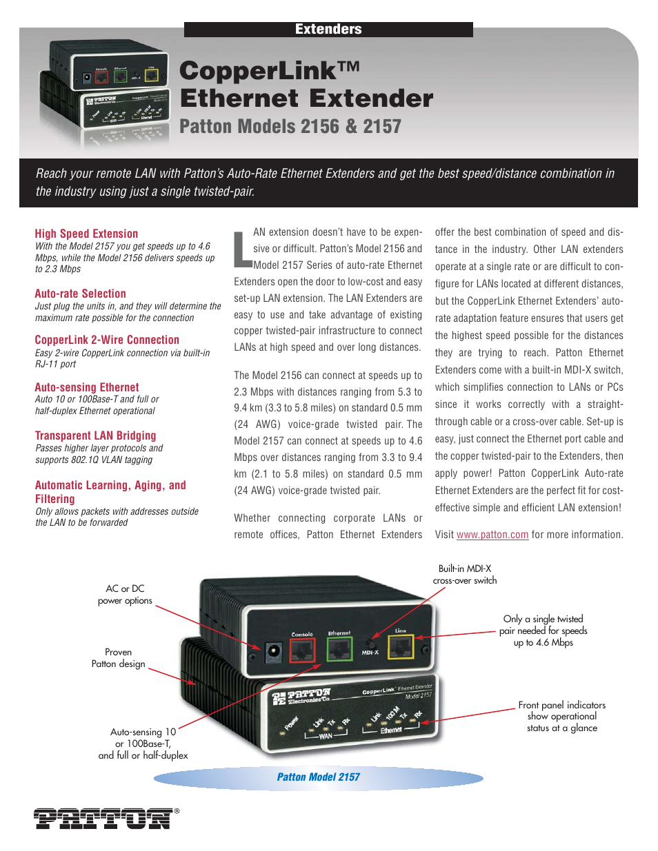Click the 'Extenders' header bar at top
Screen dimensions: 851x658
pos(328,29)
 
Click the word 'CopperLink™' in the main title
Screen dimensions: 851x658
pos(270,70)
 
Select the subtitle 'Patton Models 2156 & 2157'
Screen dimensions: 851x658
pos(290,127)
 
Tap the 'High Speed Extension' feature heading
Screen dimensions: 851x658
pos(86,234)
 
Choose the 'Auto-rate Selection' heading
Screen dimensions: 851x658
pos(80,294)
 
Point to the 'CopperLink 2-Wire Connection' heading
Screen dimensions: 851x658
pos(107,340)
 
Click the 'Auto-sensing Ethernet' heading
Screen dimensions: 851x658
pos(87,387)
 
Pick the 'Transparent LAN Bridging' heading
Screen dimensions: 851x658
pos(95,435)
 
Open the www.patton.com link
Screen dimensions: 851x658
pos(492,535)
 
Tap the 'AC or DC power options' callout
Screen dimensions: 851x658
pos(125,595)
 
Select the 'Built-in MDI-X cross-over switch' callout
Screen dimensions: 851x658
pos(465,575)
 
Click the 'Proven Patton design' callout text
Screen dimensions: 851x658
pos(119,658)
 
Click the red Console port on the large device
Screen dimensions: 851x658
pos(301,649)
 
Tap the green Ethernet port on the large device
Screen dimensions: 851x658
pos(339,648)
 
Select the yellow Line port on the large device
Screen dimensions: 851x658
pos(401,646)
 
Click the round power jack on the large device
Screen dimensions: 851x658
pos(273,650)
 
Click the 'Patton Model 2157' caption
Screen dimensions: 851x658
pos(319,777)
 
